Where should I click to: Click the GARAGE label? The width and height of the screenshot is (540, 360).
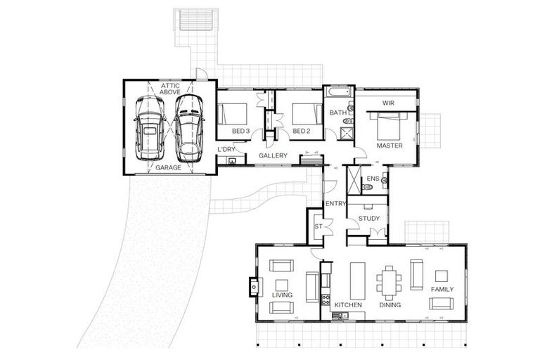click(168, 168)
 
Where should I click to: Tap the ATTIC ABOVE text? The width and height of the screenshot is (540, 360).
click(170, 89)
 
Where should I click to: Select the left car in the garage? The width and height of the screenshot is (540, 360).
click(150, 128)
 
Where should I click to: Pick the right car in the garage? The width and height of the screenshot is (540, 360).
click(188, 128)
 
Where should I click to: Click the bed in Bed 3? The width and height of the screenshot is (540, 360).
click(233, 114)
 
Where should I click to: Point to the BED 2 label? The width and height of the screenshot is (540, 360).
click(302, 131)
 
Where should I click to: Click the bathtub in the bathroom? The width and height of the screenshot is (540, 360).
click(338, 91)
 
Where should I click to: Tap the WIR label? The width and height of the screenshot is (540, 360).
click(388, 103)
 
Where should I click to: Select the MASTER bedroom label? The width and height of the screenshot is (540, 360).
click(390, 146)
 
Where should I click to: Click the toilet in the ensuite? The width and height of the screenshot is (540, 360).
click(367, 187)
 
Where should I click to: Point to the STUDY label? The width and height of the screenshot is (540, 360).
click(369, 219)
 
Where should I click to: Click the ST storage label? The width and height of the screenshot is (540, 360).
click(319, 226)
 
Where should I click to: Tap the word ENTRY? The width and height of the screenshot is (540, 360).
click(335, 204)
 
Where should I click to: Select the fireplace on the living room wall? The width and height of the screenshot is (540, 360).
click(255, 287)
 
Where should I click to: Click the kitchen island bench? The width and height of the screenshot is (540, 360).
click(357, 281)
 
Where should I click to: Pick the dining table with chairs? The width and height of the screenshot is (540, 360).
click(389, 283)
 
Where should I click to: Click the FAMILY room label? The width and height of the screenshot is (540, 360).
click(442, 290)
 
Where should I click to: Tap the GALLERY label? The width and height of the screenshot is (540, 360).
click(273, 155)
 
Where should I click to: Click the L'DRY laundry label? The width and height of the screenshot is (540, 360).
click(226, 150)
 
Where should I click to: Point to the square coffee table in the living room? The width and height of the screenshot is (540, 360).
click(282, 285)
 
